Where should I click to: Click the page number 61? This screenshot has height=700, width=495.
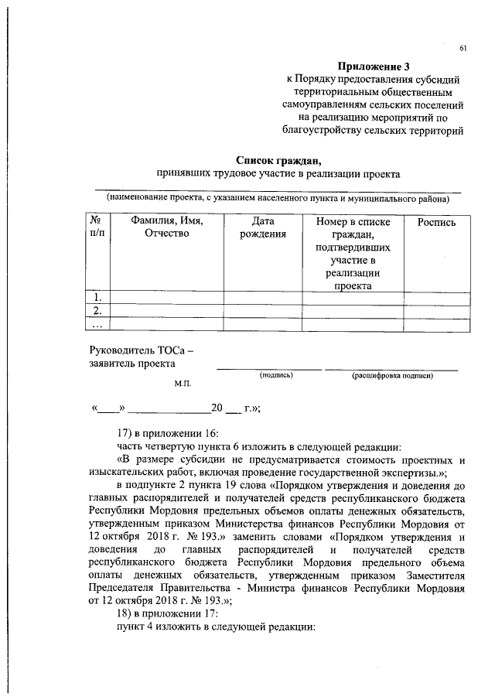point(463,49)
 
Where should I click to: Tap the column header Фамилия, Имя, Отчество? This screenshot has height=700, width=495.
point(167,228)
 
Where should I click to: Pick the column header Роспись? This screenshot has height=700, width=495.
point(436,222)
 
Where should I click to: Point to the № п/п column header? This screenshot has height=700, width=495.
point(97,228)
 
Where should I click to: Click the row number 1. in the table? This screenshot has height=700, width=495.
point(97,297)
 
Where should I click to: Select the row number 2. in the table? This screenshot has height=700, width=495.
point(97,310)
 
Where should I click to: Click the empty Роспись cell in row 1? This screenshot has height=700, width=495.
point(436,297)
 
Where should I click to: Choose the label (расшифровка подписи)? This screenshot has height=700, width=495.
point(391,375)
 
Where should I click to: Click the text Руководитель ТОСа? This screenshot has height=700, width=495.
point(138,350)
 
